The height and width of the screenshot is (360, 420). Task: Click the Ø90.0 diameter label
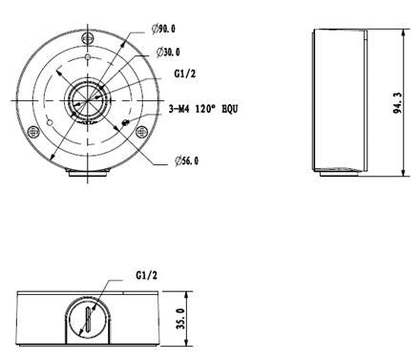(163, 29)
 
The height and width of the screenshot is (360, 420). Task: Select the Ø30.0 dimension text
(168, 52)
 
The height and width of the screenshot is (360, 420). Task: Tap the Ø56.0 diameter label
(187, 160)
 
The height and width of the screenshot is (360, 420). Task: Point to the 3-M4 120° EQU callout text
(203, 109)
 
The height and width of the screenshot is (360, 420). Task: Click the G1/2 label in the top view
(185, 74)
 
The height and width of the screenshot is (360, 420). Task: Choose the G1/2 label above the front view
(147, 275)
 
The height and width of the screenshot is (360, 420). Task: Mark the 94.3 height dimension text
(398, 103)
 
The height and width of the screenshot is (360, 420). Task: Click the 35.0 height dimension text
(180, 318)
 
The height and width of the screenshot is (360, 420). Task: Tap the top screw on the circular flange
(88, 38)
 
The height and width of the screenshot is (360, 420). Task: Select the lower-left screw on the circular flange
(33, 132)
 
